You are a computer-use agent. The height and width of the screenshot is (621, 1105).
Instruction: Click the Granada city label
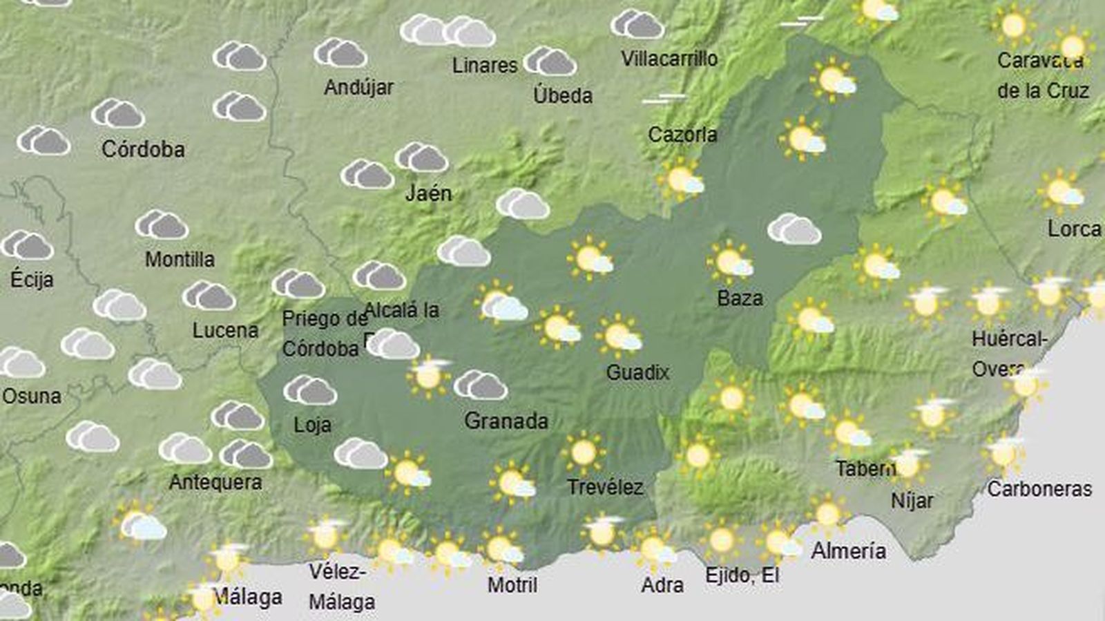506,421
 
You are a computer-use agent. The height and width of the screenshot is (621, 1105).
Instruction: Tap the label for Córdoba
143,149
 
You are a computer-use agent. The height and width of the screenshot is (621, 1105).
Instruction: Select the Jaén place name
428,193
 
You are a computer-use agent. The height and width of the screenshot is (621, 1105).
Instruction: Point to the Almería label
849,551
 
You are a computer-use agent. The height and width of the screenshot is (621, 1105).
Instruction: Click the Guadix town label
637,373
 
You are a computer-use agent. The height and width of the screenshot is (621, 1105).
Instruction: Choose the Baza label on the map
740,298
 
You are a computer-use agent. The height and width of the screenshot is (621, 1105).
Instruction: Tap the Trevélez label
605,488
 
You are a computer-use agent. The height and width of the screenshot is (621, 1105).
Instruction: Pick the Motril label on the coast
512,585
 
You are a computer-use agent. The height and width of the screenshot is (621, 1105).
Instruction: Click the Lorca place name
1074,229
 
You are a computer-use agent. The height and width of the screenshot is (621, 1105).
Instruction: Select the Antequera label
215,482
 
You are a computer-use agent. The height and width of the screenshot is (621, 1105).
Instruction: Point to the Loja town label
312,425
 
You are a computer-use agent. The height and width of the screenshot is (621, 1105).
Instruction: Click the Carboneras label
1039,489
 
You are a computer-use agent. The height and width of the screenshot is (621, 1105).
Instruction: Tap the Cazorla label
682,135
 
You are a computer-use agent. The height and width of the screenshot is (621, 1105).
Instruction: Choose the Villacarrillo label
669,59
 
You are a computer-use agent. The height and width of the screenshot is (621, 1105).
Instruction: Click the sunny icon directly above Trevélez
584,452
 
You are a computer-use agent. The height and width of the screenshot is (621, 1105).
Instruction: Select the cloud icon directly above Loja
310,390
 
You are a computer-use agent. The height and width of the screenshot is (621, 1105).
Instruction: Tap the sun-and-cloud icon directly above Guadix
619,336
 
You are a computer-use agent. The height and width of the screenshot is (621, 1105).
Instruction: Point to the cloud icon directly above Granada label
481,385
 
